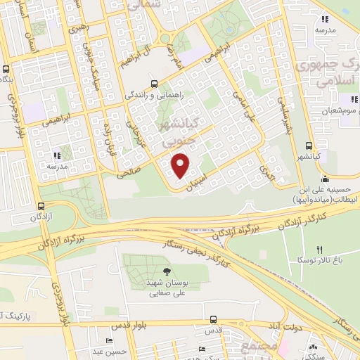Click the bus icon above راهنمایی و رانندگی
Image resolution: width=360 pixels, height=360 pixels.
pyautogui.click(x=154, y=82)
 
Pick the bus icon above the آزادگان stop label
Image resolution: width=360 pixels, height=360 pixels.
pyautogui.click(x=41, y=207)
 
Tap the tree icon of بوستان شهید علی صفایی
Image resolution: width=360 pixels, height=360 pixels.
pyautogui.click(x=166, y=271)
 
